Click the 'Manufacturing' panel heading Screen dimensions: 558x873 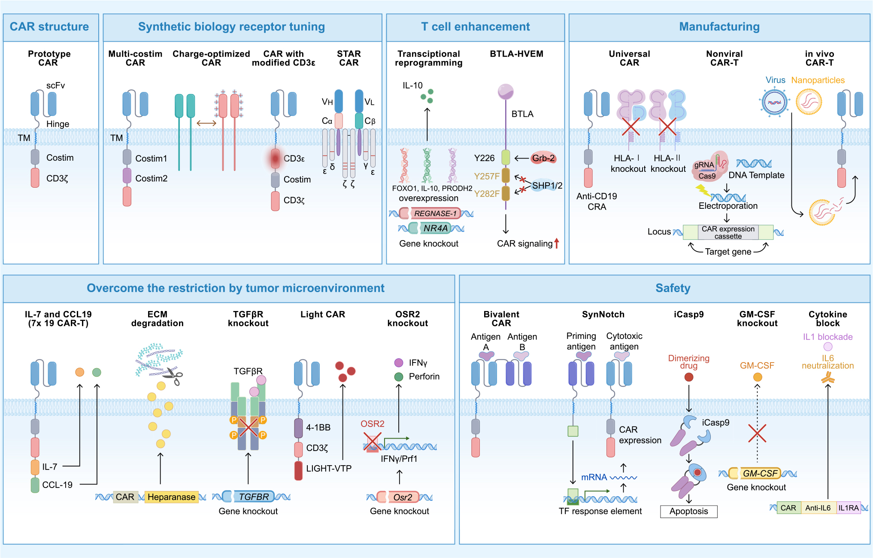[x=719, y=27]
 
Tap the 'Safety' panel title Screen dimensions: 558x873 [x=673, y=288]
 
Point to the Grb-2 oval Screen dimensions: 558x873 [x=543, y=158]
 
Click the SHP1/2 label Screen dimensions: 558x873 [x=547, y=186]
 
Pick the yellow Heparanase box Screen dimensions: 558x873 [x=171, y=497]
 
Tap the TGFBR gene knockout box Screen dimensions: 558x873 [x=254, y=497]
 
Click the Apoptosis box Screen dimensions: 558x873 [x=688, y=511]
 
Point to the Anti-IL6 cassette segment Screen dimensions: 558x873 [x=818, y=508]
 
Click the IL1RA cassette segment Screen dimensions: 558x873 [x=848, y=508]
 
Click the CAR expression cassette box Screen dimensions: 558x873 [x=728, y=232]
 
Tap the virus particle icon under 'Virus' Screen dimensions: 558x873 [x=774, y=102]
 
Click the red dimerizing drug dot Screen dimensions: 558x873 [x=689, y=377]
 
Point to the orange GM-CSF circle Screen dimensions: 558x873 [x=758, y=377]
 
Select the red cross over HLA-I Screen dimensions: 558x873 [x=631, y=127]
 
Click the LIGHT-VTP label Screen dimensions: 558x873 [x=328, y=469]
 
